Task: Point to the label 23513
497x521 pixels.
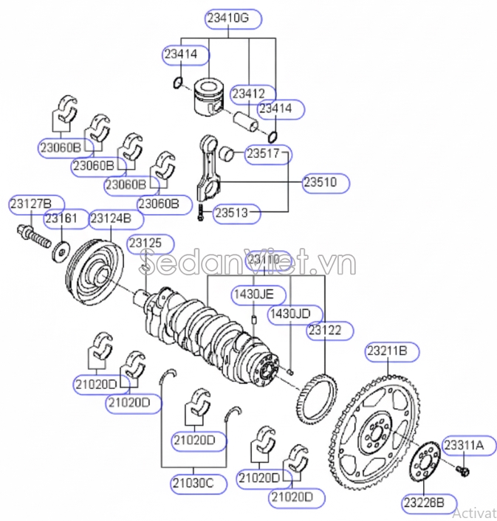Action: [237, 214]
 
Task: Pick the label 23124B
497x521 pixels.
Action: [112, 218]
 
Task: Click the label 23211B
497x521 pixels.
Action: [391, 353]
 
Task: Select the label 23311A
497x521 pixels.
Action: [464, 445]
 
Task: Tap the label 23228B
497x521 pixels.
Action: [424, 503]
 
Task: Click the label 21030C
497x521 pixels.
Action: [193, 483]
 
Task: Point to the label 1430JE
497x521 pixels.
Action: [254, 294]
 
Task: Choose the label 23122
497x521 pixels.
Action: [325, 331]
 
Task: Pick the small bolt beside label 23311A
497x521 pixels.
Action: [464, 469]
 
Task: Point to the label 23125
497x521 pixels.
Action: [150, 243]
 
